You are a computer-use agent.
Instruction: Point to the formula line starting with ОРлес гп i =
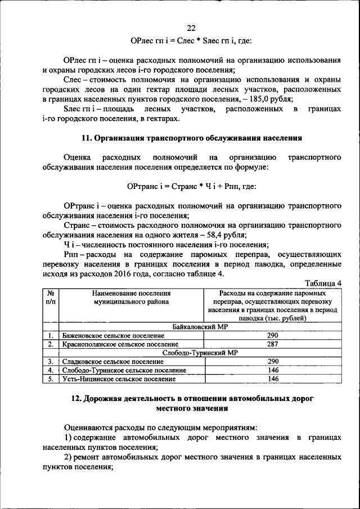(191, 41)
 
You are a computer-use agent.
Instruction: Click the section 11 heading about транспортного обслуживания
(192, 138)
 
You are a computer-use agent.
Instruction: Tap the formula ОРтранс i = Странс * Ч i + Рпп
(191, 186)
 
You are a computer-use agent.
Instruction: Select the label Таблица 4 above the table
(323, 283)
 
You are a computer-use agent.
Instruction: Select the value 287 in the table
(273, 344)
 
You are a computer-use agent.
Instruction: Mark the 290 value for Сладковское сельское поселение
(273, 362)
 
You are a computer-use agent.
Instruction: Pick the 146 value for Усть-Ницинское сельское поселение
(273, 379)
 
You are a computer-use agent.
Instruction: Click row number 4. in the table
(50, 371)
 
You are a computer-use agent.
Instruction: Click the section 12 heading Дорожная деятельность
(191, 403)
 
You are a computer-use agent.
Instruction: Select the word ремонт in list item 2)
(91, 458)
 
